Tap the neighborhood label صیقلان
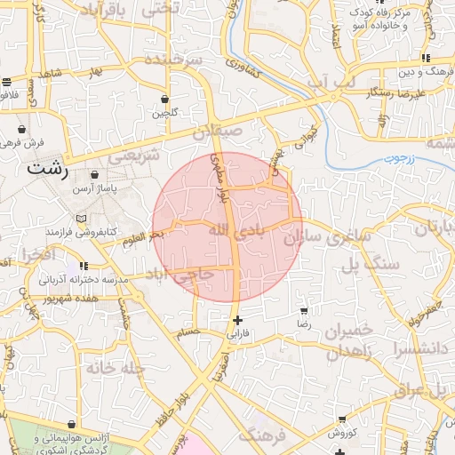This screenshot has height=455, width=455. coord(217,132)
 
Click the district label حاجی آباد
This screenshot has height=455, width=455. coord(180,275)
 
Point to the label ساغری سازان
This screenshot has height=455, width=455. coord(318,238)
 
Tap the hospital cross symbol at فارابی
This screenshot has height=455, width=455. coord(237,320)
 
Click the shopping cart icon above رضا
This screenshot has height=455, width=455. coord(305,311)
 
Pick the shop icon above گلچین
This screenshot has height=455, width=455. coord(164,99)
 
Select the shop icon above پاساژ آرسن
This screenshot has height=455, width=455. coord(94,176)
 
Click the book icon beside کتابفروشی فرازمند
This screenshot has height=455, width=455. coord(82,218)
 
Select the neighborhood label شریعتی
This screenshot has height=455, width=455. coord(133,156)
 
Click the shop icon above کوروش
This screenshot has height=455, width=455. coord(342,419)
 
